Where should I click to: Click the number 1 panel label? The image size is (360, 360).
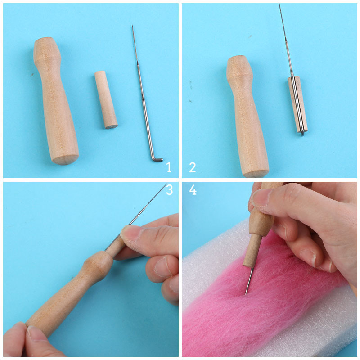169,167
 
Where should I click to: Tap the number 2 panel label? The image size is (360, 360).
193,167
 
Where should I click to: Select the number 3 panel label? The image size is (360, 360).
170,189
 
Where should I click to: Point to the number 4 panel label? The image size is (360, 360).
193,190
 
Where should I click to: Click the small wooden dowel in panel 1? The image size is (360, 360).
106,99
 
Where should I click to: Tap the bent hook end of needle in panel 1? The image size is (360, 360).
157,159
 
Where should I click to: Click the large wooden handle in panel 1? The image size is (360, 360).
56,100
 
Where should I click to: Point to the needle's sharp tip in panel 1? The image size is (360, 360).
132,26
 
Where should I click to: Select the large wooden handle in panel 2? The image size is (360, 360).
247,116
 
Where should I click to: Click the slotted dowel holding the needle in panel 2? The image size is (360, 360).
297,104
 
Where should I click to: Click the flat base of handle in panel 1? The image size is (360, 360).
65,160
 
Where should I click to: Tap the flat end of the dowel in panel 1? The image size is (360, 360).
111,126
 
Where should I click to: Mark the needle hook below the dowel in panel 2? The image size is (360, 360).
302,133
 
